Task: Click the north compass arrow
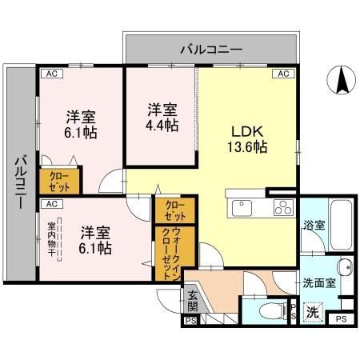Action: point(341,79)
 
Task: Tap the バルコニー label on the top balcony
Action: point(210,50)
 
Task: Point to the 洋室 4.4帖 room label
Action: point(161,118)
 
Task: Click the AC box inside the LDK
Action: point(283,74)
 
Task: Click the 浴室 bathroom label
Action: point(314,226)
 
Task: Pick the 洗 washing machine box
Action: point(314,312)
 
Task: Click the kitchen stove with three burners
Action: point(283,207)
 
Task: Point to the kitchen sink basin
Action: point(242,208)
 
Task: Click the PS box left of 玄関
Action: point(190,321)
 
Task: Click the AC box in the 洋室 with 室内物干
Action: point(50,204)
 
